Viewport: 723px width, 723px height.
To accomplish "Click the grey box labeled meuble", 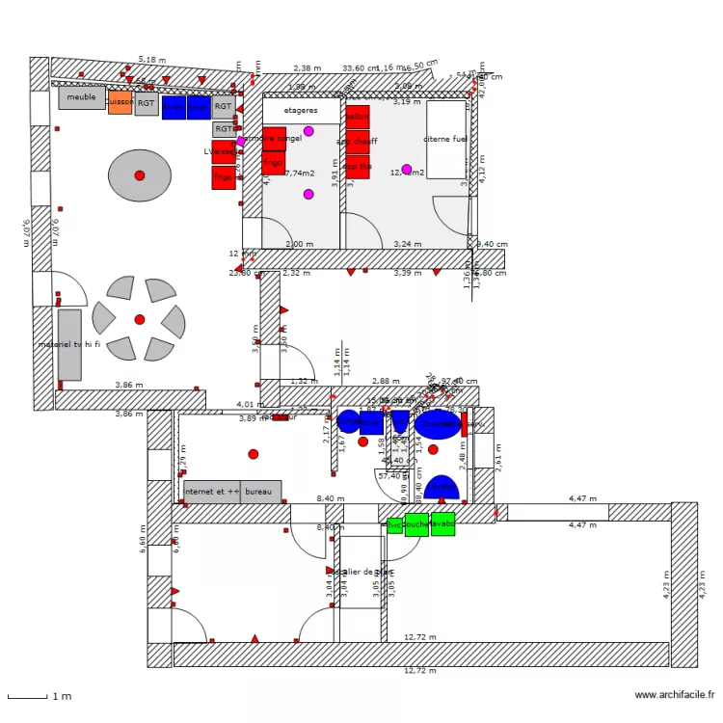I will point(82,97).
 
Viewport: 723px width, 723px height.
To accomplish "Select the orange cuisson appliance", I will point(120,102).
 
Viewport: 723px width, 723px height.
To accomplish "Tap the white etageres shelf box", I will point(302,111).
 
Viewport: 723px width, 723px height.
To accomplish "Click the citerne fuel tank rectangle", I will point(445,140).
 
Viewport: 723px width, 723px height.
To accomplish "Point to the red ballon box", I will point(358,117).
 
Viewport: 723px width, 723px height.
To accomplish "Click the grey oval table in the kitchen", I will point(139,175).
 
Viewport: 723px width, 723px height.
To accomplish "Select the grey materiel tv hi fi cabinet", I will point(69,344).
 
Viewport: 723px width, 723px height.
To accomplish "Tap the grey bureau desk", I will point(260,492).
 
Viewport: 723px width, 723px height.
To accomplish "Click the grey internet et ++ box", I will point(211,492).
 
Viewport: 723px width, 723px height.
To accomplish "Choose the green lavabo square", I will point(442,525).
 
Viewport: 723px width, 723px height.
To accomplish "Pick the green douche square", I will point(415,525).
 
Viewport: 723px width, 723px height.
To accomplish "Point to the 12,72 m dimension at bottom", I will point(419,670).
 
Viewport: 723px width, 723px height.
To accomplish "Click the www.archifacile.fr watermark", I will point(675,694).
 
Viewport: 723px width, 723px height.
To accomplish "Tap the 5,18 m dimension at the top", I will point(151,60).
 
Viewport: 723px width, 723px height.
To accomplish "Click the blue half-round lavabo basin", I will point(442,488).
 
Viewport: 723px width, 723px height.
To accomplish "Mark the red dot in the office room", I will point(254,453).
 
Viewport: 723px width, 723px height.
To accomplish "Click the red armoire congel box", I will point(274,139).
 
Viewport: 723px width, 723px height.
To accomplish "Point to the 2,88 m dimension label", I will point(386,382).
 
